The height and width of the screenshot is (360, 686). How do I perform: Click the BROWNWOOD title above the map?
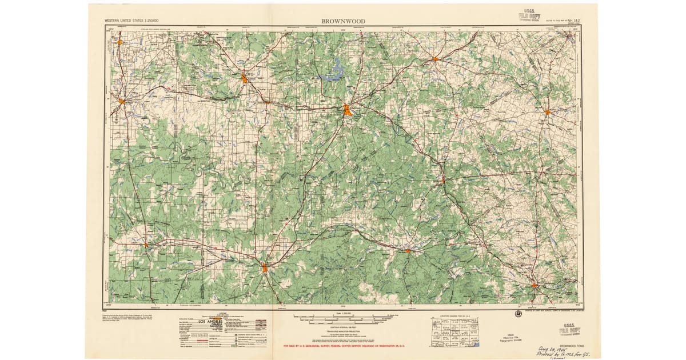coord(343,21)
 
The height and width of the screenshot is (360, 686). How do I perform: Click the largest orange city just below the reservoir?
coord(348,109)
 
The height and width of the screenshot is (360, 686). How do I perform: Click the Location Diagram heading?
coord(455,315)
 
